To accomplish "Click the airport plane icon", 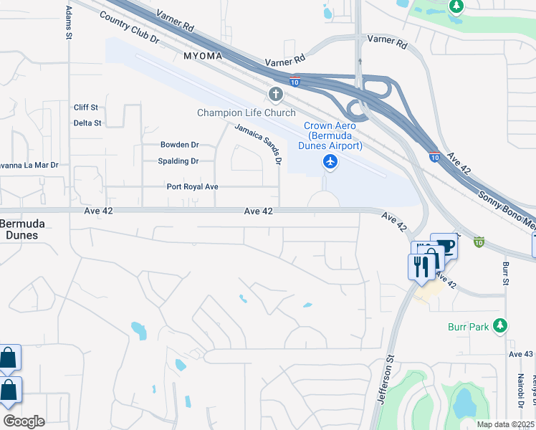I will tap(330, 162).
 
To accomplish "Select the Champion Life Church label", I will tap(247, 113).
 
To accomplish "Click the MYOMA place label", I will tap(203, 55).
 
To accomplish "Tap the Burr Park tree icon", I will tap(499, 326).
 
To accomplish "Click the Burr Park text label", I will tap(469, 327).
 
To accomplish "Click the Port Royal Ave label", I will tap(192, 186).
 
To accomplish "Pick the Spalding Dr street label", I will tap(178, 161).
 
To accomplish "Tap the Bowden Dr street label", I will tap(179, 145).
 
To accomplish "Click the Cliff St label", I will tap(85, 107).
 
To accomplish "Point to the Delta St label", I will tap(87, 123).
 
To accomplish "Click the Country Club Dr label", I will tap(130, 28).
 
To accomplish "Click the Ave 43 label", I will tap(521, 354).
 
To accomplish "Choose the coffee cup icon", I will tap(444, 247).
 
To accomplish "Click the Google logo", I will tap(24, 421).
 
